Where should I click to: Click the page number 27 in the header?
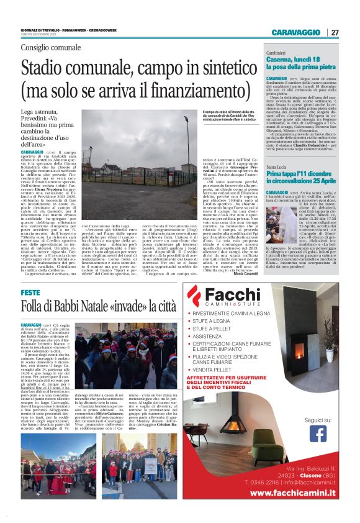click(335, 32)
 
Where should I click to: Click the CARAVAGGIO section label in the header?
click(297, 32)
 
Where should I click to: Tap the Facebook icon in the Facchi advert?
click(318, 432)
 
